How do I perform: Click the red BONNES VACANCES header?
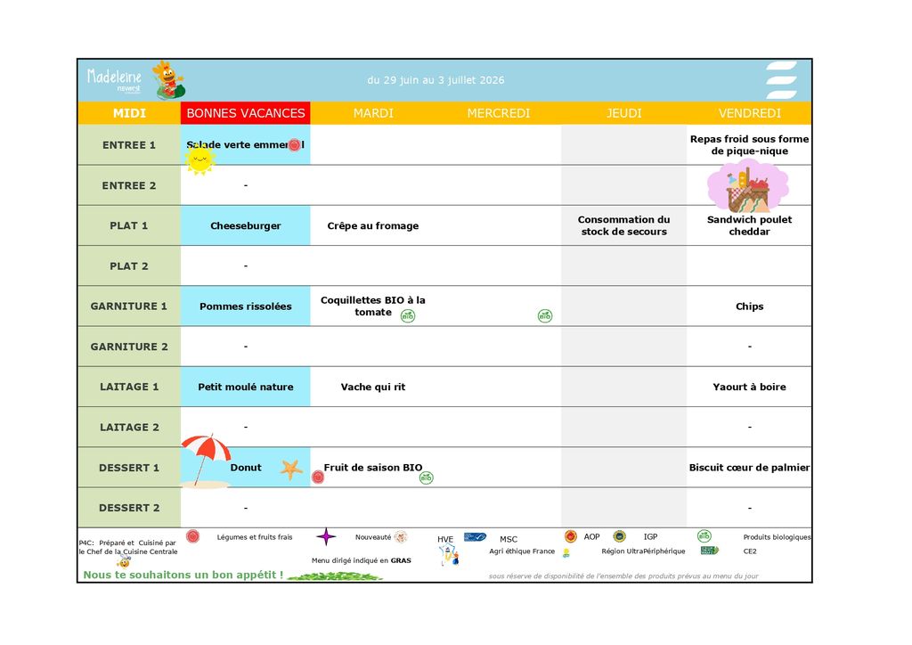pyautogui.click(x=246, y=113)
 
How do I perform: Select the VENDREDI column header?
pyautogui.click(x=749, y=113)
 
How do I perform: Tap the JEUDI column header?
pyautogui.click(x=623, y=113)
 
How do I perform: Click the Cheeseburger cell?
pyautogui.click(x=246, y=226)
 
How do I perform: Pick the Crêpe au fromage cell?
pyautogui.click(x=372, y=226)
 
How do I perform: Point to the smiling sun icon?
pyautogui.click(x=200, y=159)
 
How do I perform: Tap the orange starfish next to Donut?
pyautogui.click(x=291, y=469)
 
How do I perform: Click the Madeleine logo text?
pyautogui.click(x=115, y=77)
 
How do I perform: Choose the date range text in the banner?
pyautogui.click(x=436, y=80)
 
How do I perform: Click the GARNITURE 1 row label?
pyautogui.click(x=129, y=306)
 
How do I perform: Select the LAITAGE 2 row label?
pyautogui.click(x=129, y=428)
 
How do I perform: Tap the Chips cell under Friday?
pyautogui.click(x=749, y=306)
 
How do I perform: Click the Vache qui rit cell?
pyautogui.click(x=372, y=388)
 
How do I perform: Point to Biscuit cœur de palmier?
pyautogui.click(x=749, y=468)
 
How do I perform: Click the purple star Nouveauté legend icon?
pyautogui.click(x=327, y=536)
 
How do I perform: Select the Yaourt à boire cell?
pyautogui.click(x=749, y=388)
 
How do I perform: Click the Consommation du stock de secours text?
pyautogui.click(x=623, y=225)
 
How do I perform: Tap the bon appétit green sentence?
pyautogui.click(x=183, y=575)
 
